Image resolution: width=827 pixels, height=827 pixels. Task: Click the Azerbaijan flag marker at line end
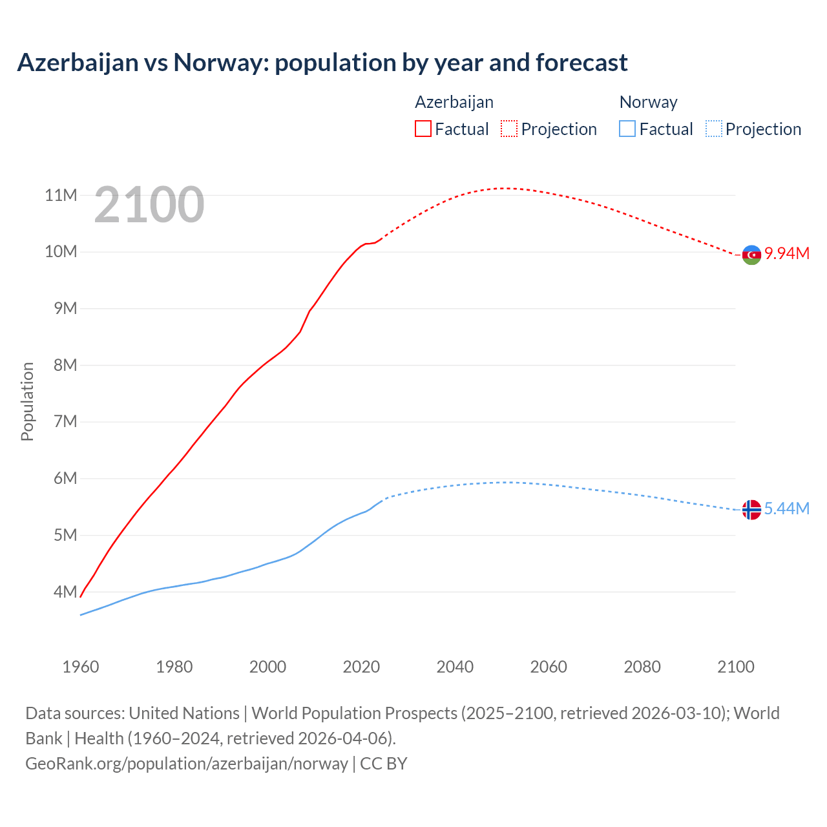(x=751, y=255)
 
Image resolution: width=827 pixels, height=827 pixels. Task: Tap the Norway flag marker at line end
(x=751, y=510)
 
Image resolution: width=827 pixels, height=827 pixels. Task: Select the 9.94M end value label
(x=787, y=253)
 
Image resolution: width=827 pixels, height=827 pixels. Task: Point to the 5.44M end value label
(x=787, y=509)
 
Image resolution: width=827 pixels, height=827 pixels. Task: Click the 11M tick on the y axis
(x=61, y=195)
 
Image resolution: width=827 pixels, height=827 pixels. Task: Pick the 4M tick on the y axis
(x=65, y=592)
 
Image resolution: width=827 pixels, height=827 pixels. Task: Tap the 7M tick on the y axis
(x=65, y=422)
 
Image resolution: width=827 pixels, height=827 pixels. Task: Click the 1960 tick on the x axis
(x=81, y=667)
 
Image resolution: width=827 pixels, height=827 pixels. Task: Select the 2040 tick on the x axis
(x=455, y=667)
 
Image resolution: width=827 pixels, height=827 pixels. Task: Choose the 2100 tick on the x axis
(x=736, y=667)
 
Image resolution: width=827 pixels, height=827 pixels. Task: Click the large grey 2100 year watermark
(x=149, y=205)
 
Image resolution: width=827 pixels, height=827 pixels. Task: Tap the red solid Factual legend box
(x=423, y=129)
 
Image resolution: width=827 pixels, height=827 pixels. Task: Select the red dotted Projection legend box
(x=509, y=129)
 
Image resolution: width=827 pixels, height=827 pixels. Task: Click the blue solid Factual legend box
(x=627, y=129)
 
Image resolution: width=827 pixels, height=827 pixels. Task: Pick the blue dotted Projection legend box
(x=714, y=129)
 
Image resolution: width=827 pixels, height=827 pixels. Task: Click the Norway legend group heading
(x=648, y=102)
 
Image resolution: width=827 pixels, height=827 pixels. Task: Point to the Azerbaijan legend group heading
(x=454, y=102)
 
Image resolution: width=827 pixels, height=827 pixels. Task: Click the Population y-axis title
(x=27, y=401)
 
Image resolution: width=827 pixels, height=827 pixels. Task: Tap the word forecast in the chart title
(x=581, y=63)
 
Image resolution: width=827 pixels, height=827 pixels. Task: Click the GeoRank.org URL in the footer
(x=187, y=763)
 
